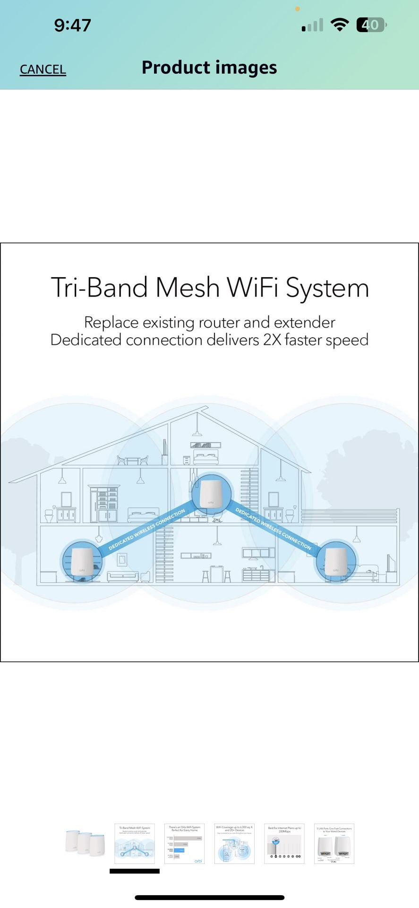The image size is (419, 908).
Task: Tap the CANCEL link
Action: tap(43, 70)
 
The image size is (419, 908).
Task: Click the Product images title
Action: tap(209, 68)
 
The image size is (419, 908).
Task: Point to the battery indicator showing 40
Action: tap(371, 25)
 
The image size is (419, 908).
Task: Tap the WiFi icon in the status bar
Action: tap(339, 25)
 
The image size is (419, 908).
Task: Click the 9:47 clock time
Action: tap(72, 25)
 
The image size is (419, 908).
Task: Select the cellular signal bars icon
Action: tap(312, 25)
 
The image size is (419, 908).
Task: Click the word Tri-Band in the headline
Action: tap(99, 288)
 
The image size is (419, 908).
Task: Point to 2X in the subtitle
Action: tap(272, 340)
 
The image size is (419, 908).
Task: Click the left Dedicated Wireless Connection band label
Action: tap(147, 530)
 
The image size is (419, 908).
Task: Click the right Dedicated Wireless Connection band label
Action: tap(274, 529)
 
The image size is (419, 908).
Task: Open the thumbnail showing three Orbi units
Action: tap(85, 843)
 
